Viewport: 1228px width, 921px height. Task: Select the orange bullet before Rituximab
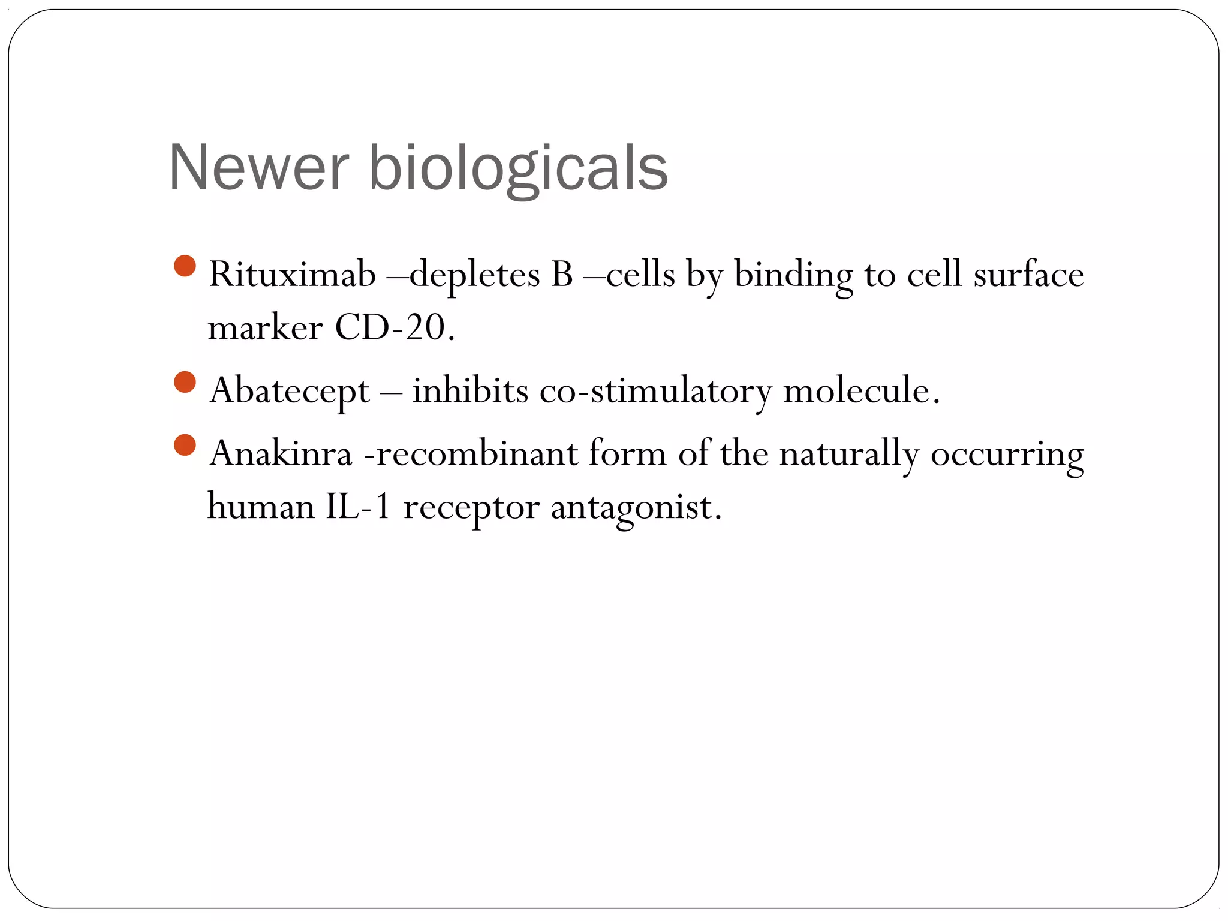(185, 266)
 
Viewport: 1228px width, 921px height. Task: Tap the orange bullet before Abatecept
(185, 382)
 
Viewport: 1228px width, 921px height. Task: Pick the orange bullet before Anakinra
(185, 445)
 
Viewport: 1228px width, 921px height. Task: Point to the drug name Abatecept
(290, 391)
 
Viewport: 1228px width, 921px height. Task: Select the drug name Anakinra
(281, 453)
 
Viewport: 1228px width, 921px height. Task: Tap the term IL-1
(358, 507)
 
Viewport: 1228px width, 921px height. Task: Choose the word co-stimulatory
(655, 391)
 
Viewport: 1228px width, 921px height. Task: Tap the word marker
(265, 329)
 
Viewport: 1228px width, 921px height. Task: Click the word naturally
(848, 455)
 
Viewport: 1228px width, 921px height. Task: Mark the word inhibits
(470, 391)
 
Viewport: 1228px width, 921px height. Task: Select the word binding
(793, 276)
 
